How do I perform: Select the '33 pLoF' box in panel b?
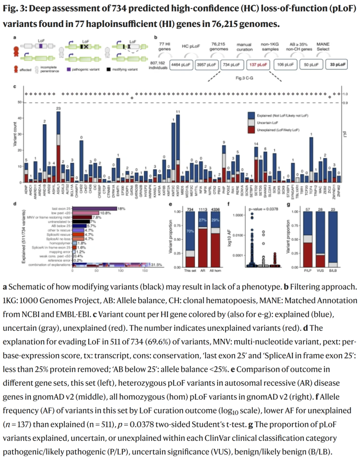coord(338,65)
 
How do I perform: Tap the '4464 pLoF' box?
coord(181,65)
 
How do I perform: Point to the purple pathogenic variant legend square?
coord(69,69)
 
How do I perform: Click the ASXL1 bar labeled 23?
coord(58,147)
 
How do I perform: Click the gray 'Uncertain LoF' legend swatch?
coord(251,123)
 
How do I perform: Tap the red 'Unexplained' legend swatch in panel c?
coord(251,130)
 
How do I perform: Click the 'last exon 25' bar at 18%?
coord(94,209)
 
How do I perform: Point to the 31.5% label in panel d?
coord(156,265)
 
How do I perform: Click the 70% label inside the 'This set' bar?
coord(190,231)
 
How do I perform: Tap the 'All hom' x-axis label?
coord(215,271)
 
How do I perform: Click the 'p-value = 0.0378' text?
coord(263,209)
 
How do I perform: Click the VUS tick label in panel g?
coord(320,271)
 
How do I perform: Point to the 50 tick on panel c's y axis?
coord(19,102)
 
